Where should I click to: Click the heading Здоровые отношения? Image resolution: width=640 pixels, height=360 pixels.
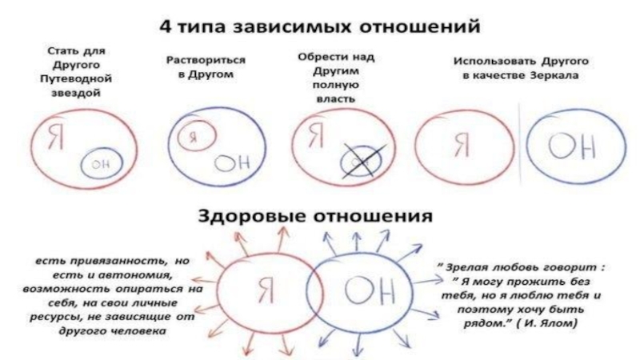pyautogui.click(x=318, y=216)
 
